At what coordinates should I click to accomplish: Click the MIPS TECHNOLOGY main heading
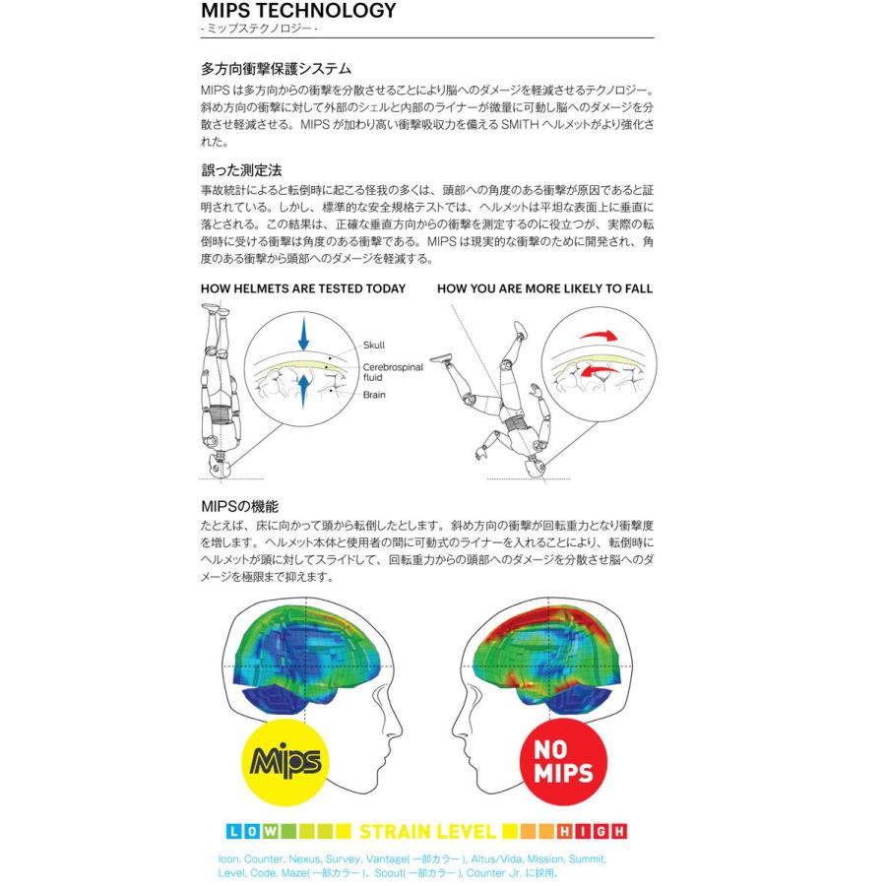[298, 12]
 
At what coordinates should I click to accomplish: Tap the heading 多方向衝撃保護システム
[276, 70]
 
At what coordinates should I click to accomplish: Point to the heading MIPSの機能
[238, 507]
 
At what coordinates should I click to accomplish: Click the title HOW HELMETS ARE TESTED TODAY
[303, 289]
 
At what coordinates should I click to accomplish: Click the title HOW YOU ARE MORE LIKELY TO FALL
[544, 289]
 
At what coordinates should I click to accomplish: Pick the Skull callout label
[374, 346]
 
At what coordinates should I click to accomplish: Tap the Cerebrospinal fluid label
[393, 370]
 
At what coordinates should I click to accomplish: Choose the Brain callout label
[374, 395]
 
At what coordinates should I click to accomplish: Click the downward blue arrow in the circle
[303, 334]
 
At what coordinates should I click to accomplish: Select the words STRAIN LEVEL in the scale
[427, 832]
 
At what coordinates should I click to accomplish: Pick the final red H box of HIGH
[620, 832]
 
